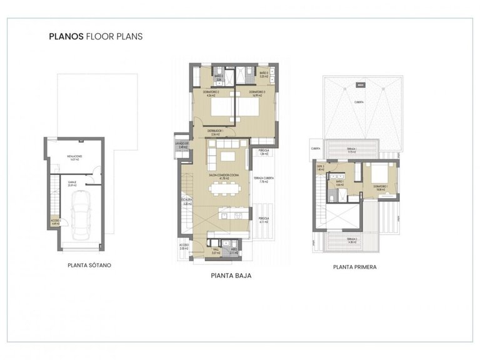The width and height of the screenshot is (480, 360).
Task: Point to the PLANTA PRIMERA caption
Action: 355,266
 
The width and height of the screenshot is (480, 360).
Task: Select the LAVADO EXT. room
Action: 181,146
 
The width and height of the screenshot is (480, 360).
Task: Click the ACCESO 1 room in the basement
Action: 56,221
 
